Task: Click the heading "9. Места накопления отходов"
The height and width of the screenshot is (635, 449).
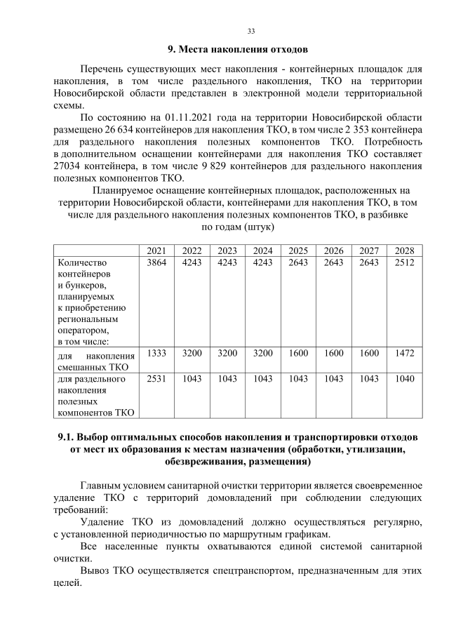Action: [238, 50]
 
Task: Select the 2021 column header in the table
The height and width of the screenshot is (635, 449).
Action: [157, 250]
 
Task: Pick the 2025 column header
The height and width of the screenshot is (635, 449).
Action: [298, 250]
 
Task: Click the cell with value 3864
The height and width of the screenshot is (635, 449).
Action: [157, 262]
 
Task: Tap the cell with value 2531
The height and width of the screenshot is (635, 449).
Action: [157, 379]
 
